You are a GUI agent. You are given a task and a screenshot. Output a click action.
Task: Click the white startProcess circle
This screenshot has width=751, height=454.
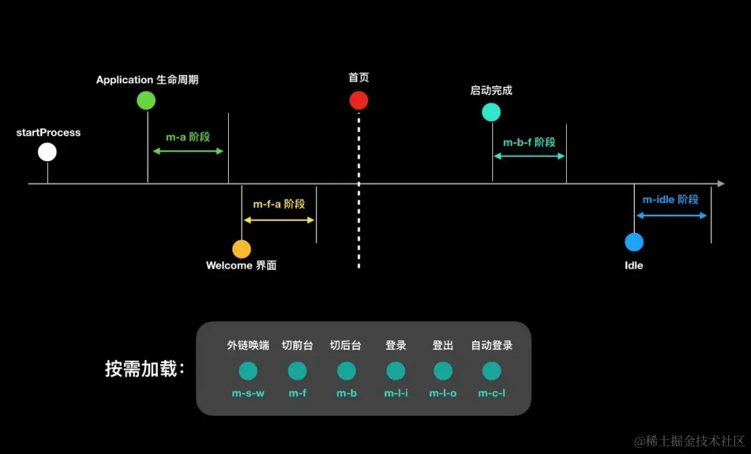47,152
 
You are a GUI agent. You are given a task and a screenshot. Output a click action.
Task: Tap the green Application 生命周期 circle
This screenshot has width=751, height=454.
147,100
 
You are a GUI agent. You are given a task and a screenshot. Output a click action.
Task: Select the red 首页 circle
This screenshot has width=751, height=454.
359,100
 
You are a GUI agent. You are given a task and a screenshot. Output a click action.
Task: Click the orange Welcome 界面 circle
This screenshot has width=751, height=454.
241,249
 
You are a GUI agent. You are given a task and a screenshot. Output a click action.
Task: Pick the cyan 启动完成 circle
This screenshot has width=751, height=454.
492,112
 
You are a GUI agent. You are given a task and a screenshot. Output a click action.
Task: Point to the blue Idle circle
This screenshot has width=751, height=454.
634,242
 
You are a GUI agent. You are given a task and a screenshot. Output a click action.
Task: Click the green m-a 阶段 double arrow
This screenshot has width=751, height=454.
188,151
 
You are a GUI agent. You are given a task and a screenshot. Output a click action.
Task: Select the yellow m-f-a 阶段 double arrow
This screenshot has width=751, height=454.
279,220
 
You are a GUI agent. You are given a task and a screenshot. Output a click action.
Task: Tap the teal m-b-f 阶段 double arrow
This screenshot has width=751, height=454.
529,156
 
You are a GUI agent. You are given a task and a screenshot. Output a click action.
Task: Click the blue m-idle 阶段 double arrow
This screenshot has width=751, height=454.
672,216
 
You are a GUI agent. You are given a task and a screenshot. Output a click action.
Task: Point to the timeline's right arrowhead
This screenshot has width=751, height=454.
720,184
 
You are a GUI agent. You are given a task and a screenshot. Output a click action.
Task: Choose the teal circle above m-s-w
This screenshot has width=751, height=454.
248,371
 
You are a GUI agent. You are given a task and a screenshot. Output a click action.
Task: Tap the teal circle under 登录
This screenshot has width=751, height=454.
396,371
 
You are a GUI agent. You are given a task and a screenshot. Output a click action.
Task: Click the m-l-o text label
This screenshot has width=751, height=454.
443,394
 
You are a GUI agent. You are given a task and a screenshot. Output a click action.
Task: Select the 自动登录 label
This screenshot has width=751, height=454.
492,345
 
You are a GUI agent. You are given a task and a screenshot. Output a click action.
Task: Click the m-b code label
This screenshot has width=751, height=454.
346,394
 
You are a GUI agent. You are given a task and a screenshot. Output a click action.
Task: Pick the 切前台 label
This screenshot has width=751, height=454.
297,345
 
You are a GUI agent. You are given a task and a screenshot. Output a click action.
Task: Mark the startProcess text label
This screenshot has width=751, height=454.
49,132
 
